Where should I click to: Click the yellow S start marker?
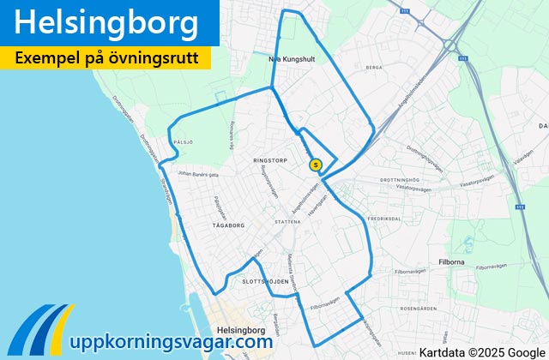(x=316, y=165)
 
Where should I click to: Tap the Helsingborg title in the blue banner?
(x=106, y=23)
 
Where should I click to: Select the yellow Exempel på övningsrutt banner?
(x=106, y=58)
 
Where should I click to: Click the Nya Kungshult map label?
(x=287, y=59)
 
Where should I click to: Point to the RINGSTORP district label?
(x=269, y=160)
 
